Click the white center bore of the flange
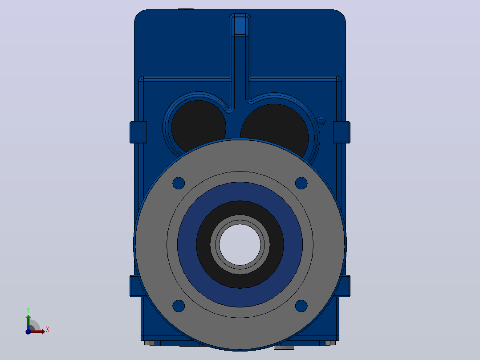pyautogui.click(x=240, y=245)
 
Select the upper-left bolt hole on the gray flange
pyautogui.click(x=179, y=183)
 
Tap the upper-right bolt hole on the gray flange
pyautogui.click(x=301, y=183)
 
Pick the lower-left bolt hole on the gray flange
pyautogui.click(x=179, y=306)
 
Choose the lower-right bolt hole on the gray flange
pyautogui.click(x=301, y=306)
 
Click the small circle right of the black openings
pyautogui.click(x=321, y=121)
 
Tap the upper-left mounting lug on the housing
pyautogui.click(x=138, y=132)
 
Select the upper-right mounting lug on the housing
pyautogui.click(x=342, y=132)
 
